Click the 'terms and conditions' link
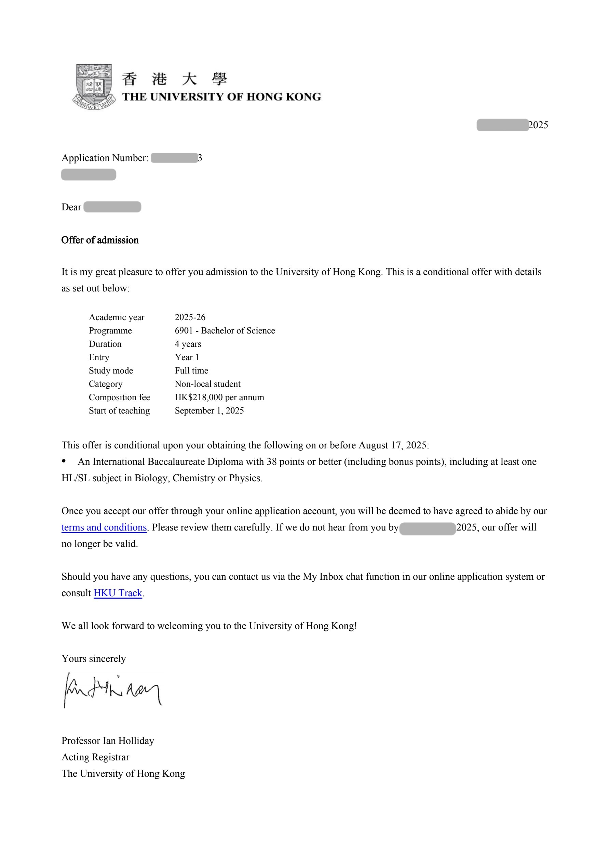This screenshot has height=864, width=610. click(104, 527)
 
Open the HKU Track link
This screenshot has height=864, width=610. click(118, 593)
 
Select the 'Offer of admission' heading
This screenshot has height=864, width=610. click(100, 240)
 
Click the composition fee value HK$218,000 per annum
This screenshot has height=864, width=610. click(219, 397)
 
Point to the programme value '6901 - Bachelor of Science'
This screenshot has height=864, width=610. click(225, 331)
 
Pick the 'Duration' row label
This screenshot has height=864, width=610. click(105, 344)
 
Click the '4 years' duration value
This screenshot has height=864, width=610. click(188, 344)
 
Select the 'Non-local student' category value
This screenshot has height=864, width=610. click(207, 384)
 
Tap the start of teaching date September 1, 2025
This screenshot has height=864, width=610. click(209, 410)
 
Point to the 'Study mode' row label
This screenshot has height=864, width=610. click(111, 371)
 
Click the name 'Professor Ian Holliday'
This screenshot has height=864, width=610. click(108, 741)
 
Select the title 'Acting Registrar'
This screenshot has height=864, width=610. click(96, 757)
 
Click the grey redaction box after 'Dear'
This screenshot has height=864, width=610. click(112, 207)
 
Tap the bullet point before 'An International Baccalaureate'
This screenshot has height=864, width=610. click(64, 461)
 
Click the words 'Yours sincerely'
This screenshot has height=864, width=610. click(94, 658)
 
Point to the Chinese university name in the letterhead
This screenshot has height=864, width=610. click(175, 79)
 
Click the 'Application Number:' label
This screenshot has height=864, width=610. click(105, 158)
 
